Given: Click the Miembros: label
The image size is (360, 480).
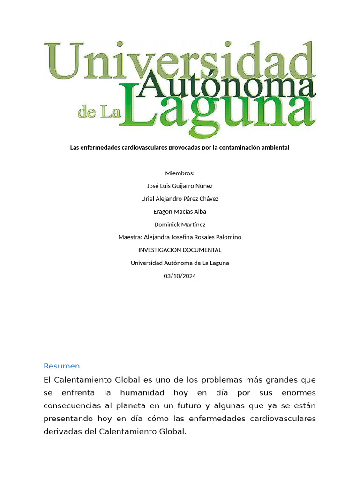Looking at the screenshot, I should point(180,173).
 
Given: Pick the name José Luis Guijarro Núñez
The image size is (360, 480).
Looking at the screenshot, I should point(180,186).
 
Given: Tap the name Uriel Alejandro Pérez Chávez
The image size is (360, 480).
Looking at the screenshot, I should point(180,199).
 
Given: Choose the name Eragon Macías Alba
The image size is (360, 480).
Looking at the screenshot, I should point(180,211).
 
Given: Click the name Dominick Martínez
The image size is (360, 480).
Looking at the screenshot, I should point(180,225).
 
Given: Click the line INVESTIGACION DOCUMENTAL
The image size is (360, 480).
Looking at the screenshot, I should point(180,250).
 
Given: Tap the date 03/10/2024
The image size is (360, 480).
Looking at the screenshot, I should point(180,276).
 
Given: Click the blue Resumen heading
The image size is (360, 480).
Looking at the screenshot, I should point(61,366).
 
